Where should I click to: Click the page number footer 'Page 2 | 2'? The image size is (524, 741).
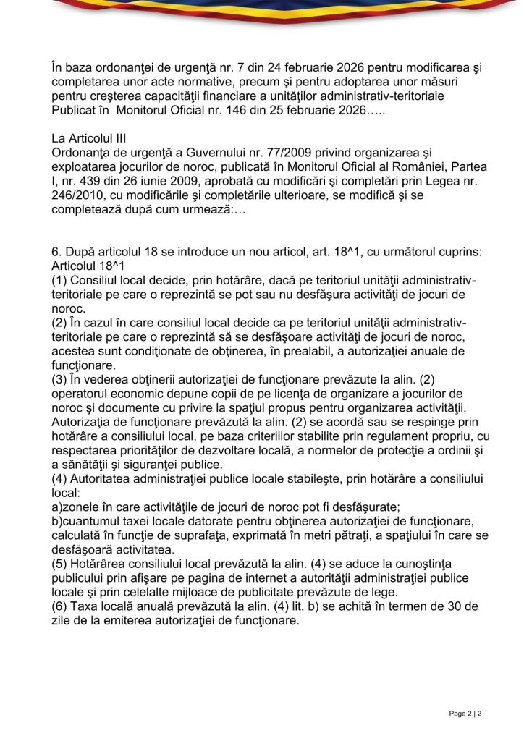(465, 714)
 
